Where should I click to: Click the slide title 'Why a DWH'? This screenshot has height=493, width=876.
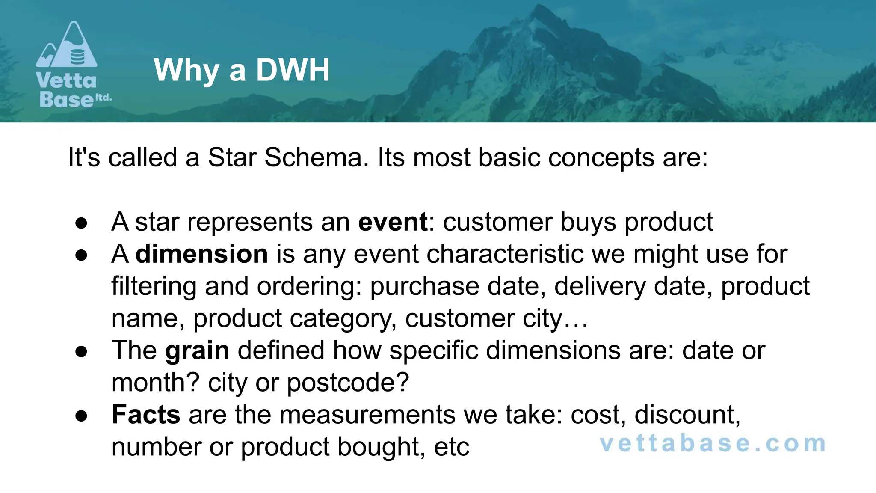pos(242,70)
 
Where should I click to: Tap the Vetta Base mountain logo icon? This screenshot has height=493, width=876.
pos(67,45)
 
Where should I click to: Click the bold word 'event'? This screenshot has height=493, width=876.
pos(393,222)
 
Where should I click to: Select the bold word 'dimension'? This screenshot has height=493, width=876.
pos(201,254)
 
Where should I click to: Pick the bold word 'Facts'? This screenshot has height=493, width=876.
pos(146,414)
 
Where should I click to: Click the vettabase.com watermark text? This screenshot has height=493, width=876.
pos(713,443)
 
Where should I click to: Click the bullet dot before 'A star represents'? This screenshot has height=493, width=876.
pos(81,223)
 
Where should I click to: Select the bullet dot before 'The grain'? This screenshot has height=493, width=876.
pos(81,351)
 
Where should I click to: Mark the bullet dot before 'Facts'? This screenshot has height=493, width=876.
pos(81,416)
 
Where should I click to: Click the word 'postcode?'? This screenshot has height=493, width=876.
pos(348,382)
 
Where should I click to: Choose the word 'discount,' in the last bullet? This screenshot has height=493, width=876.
pos(687,414)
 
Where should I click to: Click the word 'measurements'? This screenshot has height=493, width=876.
pos(367,414)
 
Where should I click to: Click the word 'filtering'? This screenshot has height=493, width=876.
pos(154,286)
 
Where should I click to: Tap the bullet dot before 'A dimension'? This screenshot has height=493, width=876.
pos(81,255)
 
